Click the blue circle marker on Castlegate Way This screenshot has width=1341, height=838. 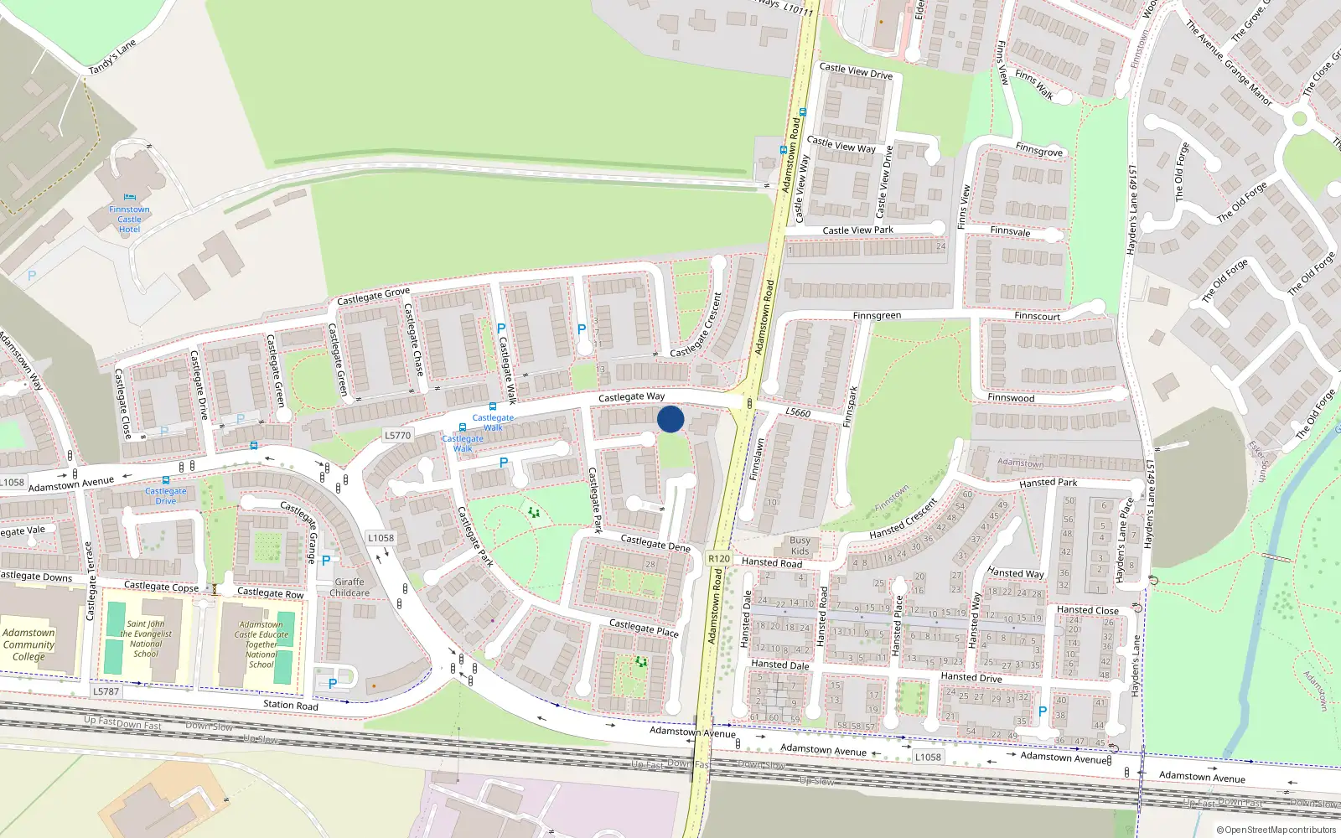(670, 419)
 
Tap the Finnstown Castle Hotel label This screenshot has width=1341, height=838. (129, 220)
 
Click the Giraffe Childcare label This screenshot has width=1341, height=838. (349, 587)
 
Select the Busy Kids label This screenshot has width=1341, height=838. (800, 546)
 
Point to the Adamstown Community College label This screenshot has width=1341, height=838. (28, 644)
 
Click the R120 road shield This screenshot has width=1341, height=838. (718, 558)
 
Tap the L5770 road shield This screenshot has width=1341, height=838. (397, 435)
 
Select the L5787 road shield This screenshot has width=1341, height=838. (106, 691)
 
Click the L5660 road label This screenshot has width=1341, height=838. (798, 412)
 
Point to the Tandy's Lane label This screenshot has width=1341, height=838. (112, 57)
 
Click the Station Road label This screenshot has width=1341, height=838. (290, 705)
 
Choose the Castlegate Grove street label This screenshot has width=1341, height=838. (373, 297)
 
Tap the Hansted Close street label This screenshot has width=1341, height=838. (1087, 610)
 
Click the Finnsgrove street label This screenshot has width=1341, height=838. (1038, 150)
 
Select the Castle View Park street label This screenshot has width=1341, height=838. (857, 230)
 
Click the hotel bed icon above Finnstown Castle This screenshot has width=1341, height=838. (129, 199)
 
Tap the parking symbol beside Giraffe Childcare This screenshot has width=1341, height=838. (326, 561)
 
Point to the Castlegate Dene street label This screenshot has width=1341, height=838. (655, 544)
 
